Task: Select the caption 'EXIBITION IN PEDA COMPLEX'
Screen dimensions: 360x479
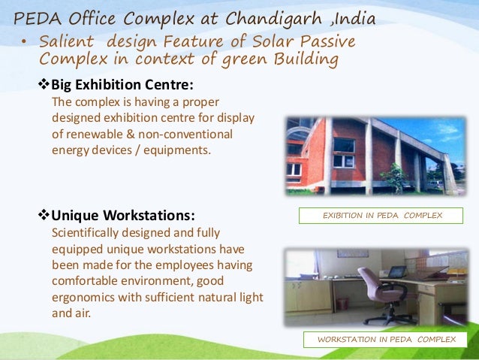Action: pos(382,216)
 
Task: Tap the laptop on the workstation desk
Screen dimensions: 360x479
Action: pos(397,271)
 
